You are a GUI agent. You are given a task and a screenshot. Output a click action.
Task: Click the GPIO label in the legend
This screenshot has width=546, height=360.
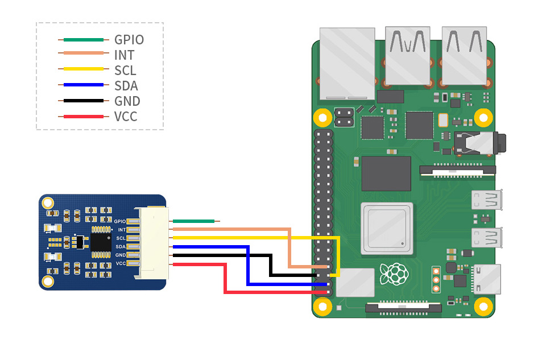coord(129,40)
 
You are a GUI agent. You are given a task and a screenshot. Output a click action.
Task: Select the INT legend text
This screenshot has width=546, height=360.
coord(124,55)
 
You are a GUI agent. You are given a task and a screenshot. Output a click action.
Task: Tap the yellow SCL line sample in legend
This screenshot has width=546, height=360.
coord(83,71)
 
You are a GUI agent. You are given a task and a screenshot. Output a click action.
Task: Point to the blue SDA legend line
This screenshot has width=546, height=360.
coord(83,86)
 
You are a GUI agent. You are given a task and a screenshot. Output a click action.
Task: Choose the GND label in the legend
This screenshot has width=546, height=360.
coord(127,101)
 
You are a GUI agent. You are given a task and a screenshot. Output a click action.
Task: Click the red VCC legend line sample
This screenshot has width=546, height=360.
coord(83,117)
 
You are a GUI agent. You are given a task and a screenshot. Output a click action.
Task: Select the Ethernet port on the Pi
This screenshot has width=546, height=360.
coord(348,63)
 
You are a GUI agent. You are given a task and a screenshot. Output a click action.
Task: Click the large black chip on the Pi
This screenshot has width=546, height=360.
coord(386,173)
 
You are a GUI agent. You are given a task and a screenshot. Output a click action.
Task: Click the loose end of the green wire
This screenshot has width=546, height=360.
coord(217,221)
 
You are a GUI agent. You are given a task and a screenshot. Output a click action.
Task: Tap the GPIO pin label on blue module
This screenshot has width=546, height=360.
coord(119,221)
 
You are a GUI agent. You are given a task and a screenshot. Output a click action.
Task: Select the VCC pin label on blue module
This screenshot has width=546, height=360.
coord(121,263)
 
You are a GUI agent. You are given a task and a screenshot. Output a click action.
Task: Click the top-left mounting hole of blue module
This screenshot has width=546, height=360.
coord(48,202)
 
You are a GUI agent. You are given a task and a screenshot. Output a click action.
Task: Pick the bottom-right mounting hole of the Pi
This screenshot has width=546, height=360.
coord(482,305)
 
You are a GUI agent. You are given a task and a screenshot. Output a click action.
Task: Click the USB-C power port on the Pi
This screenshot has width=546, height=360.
coord(487,279)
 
